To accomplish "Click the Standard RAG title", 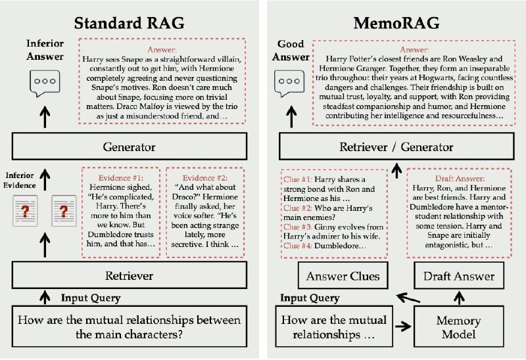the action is [x=129, y=23].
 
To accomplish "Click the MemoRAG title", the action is [x=396, y=23].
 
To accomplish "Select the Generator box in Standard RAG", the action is [x=130, y=146].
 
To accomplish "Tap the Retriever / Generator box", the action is [x=396, y=146].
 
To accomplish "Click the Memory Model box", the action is [x=458, y=326].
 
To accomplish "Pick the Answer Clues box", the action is [x=343, y=276].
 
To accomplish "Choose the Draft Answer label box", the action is [x=459, y=276].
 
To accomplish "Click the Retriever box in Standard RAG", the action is [x=130, y=275].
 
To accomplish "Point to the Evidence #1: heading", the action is [x=120, y=178].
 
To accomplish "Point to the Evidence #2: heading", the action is [x=205, y=178].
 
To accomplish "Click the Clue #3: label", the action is [x=298, y=227].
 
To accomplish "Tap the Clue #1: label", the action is [x=298, y=179].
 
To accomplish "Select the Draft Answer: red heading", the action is [x=460, y=178].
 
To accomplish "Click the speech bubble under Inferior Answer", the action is [x=45, y=83].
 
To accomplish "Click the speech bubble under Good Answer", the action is [x=289, y=83].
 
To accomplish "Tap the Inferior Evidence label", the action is [x=20, y=180].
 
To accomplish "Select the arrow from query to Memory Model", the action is [x=403, y=326].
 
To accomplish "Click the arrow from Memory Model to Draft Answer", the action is [x=459, y=298].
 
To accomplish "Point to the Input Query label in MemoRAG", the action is [x=310, y=298].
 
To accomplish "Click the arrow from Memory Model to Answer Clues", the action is [x=408, y=298].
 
